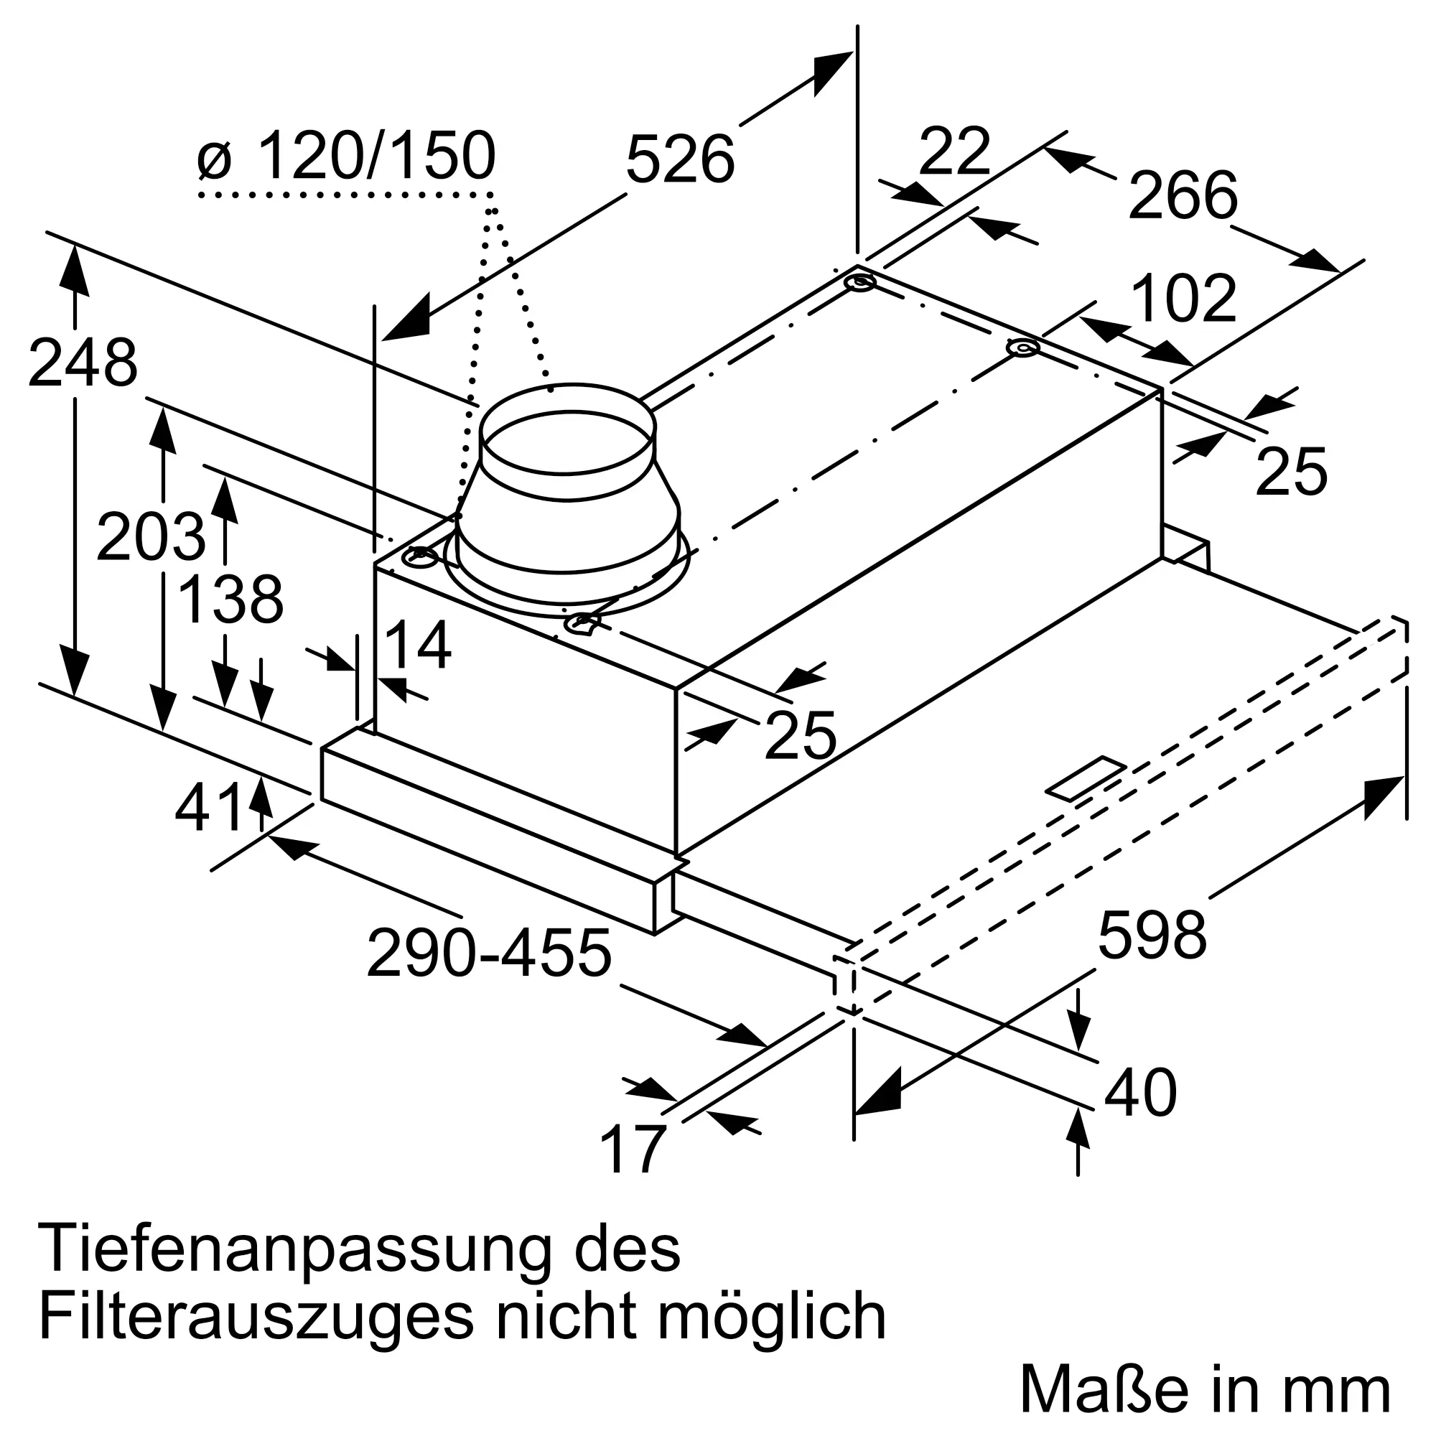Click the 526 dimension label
680,158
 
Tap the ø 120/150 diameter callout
347,155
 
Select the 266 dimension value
1183,195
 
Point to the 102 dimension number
1184,298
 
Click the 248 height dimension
83,363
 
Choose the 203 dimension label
150,536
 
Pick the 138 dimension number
231,600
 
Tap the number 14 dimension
417,645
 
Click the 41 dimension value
209,808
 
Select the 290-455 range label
489,953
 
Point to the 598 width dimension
1152,935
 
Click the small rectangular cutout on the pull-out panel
1086,778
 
